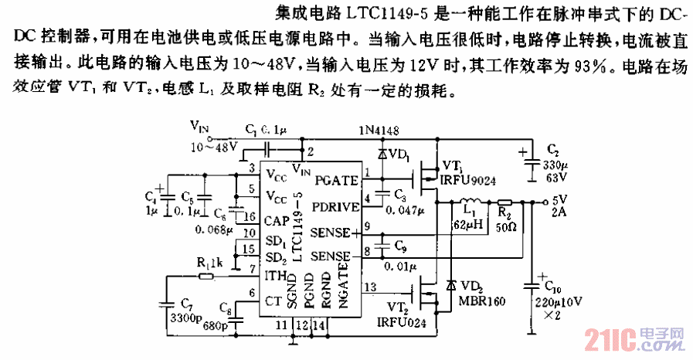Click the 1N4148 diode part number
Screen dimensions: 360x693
379,131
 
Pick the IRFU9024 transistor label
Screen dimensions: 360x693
468,179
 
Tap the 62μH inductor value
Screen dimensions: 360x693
467,224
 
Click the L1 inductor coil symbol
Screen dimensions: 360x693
469,203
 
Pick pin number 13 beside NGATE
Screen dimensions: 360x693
370,287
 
